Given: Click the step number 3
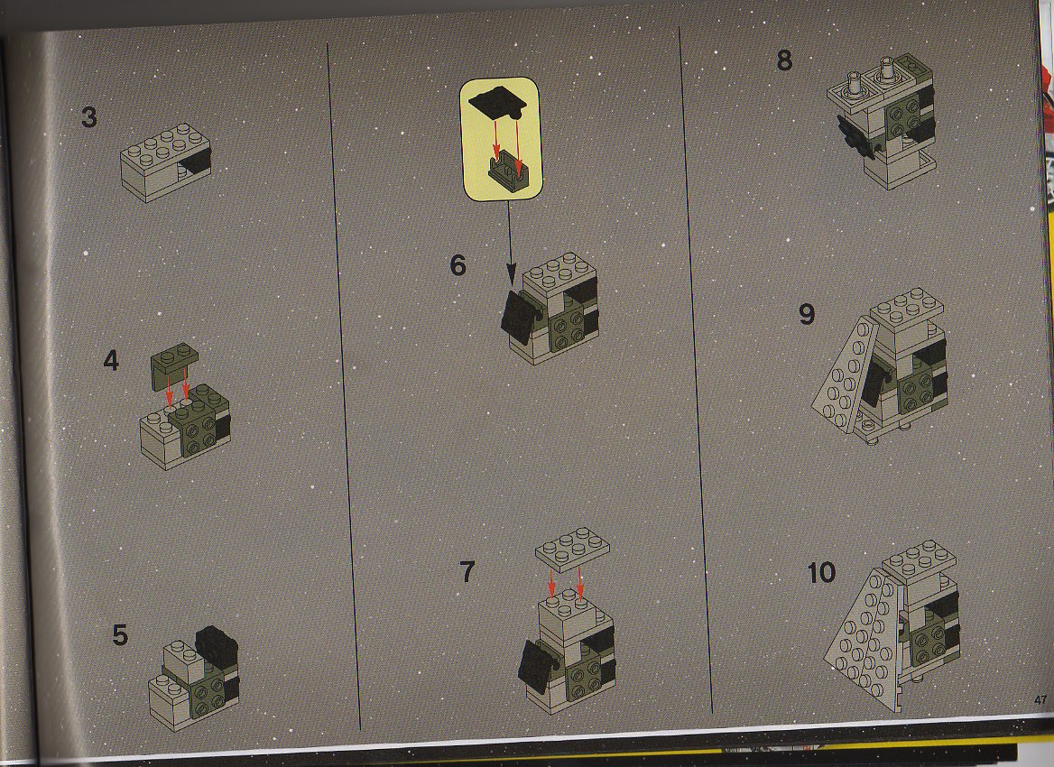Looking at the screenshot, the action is point(88,117).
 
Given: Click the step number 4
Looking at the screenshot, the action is point(111,361).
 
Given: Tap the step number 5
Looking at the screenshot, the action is point(120,634).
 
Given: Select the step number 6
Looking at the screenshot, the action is point(458,265).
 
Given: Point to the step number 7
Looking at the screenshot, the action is point(467,572).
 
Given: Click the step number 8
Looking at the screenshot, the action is point(784,60).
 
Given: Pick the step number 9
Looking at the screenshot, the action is point(807,314).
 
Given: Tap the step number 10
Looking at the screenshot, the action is point(821,573).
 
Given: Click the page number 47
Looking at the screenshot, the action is point(1040,700).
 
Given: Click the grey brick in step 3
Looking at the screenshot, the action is point(165,162).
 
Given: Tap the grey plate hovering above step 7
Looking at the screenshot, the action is point(573,547).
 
